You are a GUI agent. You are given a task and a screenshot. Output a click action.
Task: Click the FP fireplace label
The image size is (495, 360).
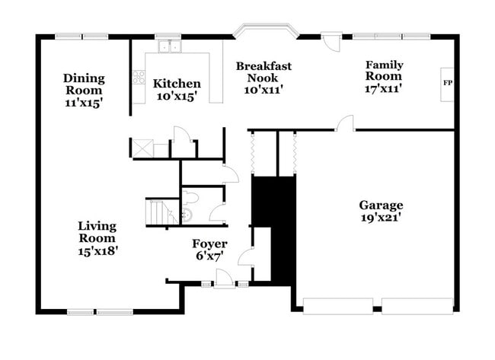(448, 83)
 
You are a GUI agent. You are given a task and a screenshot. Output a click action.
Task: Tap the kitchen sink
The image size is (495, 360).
(170, 46)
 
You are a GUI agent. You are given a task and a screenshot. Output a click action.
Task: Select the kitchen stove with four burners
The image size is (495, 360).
(139, 77)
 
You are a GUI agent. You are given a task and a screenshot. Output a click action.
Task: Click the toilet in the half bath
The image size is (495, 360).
(190, 198)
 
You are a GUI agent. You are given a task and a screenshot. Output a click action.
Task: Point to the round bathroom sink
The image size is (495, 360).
(187, 215)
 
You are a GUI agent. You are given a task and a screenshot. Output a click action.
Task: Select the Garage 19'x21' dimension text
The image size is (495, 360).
(381, 218)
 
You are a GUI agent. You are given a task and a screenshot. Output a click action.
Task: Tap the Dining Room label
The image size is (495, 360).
(84, 84)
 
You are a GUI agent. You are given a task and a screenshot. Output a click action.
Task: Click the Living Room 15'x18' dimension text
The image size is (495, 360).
(98, 251)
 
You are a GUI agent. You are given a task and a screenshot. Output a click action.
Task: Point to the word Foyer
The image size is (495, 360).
(210, 244)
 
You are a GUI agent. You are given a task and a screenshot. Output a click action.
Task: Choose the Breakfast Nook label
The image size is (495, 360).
(263, 72)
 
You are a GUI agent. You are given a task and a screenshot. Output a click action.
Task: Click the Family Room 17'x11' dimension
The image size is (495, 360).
(383, 88)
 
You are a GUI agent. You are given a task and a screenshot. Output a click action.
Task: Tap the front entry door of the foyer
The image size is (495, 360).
(225, 279)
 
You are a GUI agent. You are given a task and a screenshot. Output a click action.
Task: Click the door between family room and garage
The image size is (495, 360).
(345, 123)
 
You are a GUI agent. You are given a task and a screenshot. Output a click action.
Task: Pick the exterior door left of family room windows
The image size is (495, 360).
(331, 42)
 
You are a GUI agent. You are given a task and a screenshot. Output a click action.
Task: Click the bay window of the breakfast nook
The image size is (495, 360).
(266, 30)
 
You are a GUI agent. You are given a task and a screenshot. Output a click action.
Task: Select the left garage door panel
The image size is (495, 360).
(338, 306)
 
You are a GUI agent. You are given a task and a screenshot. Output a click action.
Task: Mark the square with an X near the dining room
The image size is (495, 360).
(142, 148)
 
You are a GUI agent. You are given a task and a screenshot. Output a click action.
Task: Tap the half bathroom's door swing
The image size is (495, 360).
(216, 212)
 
